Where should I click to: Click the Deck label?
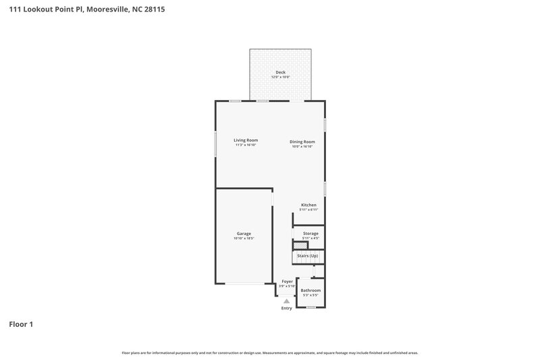pos(280,72)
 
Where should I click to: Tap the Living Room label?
pos(246,140)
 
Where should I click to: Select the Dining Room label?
pos(302,142)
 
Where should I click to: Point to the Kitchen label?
pos(308,205)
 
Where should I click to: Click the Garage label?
pos(244,233)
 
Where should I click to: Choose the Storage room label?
pos(310,233)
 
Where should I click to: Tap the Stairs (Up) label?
pos(308,256)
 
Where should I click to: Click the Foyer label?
pos(288,280)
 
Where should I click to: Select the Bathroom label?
pos(310,290)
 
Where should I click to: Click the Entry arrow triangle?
pos(287,301)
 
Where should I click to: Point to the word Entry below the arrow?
pos(287,309)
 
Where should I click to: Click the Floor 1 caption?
pos(21,324)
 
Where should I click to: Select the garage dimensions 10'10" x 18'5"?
pos(244,238)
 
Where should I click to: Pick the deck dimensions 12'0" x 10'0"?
pos(280,78)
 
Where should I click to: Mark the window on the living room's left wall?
pos(216,144)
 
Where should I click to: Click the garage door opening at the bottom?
pos(244,284)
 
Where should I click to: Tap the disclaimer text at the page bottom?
pos(270,353)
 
